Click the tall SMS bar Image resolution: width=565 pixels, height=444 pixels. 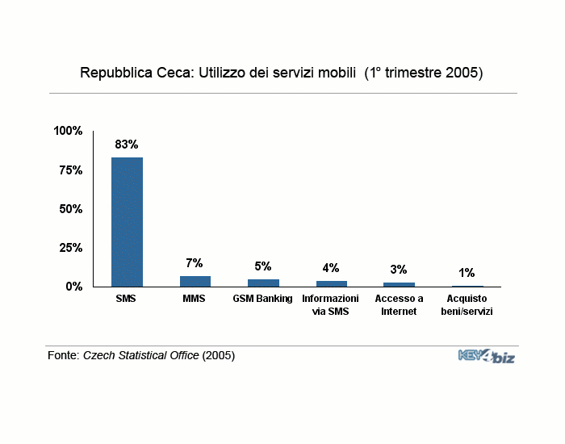[127, 222]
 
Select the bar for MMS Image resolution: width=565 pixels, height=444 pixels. [195, 282]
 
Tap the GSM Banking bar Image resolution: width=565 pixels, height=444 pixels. [263, 283]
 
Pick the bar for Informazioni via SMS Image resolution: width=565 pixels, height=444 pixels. [332, 283]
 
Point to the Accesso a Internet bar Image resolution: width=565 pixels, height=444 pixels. [399, 285]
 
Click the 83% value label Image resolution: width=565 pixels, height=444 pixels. [127, 145]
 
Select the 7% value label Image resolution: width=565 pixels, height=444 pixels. [195, 263]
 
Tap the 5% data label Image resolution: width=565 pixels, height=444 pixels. [262, 266]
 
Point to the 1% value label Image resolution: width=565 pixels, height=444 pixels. [467, 273]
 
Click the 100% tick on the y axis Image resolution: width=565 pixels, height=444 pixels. [68, 131]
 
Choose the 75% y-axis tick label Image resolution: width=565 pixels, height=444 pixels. [71, 170]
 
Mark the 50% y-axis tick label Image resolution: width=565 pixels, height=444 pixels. [71, 209]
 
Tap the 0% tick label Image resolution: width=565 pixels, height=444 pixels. [74, 287]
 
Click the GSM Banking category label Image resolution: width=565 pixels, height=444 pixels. [262, 299]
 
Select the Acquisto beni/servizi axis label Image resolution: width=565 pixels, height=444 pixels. [467, 305]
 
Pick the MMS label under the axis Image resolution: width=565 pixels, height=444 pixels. [194, 299]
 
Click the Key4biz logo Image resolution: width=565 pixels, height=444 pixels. [487, 356]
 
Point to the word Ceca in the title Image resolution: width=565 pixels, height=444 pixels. [175, 73]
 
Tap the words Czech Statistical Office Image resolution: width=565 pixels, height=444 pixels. [141, 355]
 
